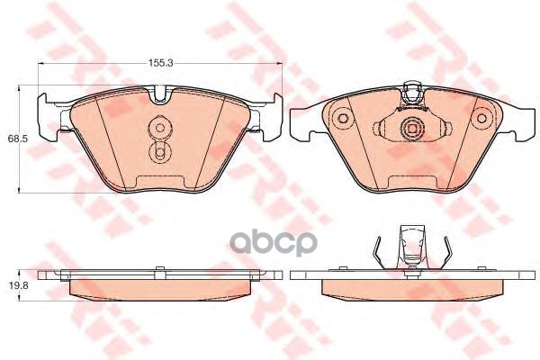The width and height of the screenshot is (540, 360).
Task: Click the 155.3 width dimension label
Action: pos(160,62)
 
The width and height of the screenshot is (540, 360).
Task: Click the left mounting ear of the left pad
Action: pos(43,115)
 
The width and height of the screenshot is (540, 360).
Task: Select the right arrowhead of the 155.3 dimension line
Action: pos(281,67)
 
